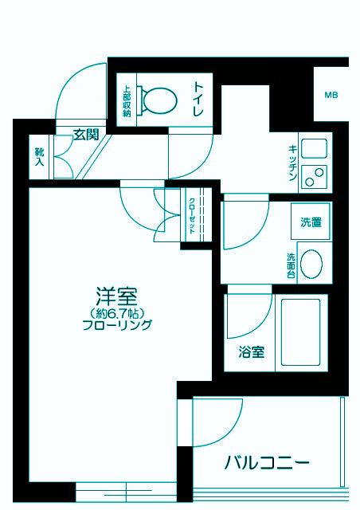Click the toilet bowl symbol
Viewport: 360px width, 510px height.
[158, 100]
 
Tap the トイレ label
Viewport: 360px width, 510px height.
[200, 100]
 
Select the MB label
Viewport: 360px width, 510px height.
[331, 96]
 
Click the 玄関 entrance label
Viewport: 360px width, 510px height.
[86, 135]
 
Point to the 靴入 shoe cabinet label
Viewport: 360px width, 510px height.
[39, 156]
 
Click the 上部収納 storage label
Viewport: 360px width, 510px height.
[127, 101]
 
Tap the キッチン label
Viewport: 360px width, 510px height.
[293, 164]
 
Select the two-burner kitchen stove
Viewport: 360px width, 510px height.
[315, 175]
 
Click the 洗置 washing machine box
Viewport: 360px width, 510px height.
[311, 223]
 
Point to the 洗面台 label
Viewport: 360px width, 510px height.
[292, 265]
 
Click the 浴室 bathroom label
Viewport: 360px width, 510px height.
[252, 351]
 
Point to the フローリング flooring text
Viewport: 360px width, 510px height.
[117, 325]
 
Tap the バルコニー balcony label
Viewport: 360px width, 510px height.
[266, 463]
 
